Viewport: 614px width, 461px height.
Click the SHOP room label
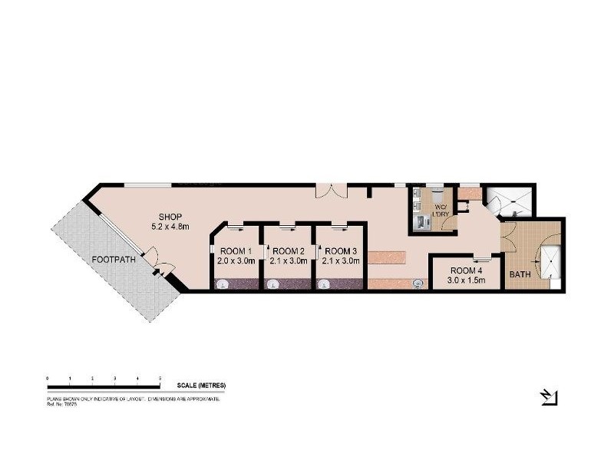(x=169, y=216)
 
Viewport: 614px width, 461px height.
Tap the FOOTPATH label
(x=114, y=259)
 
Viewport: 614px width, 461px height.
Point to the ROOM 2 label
(x=289, y=251)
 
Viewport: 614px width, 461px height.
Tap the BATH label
(x=520, y=274)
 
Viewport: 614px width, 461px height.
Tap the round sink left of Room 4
(x=418, y=284)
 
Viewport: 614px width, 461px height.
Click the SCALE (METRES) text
(x=201, y=386)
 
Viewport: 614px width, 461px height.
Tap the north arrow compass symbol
(x=549, y=396)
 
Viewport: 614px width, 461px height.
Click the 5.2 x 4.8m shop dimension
(x=169, y=226)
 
